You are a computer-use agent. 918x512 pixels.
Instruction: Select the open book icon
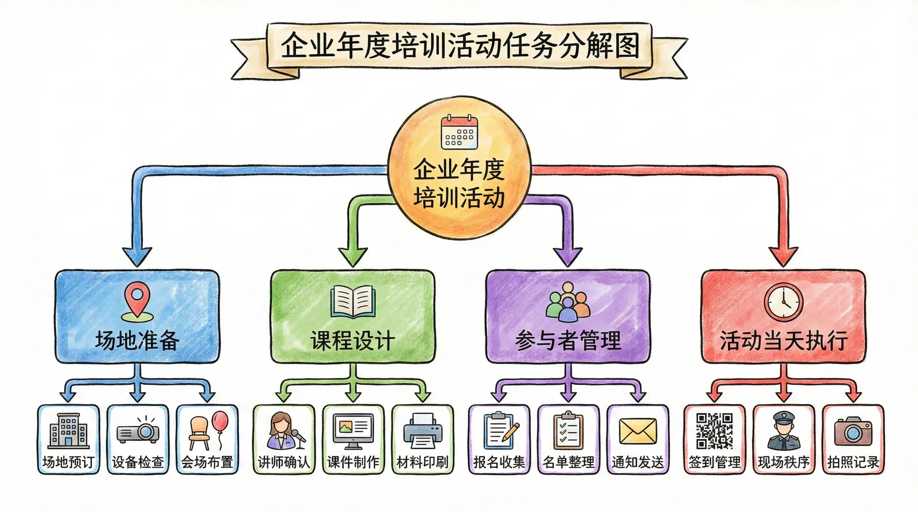(353, 301)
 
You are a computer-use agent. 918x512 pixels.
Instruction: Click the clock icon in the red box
(783, 302)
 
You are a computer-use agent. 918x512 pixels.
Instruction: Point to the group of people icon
(568, 302)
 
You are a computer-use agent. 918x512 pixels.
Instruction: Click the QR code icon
(714, 431)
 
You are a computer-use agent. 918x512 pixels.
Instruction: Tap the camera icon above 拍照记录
(853, 431)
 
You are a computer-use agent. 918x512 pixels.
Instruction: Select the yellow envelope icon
(637, 431)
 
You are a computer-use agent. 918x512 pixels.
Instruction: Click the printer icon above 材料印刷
(422, 431)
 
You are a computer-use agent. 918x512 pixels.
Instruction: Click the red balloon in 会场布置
(220, 422)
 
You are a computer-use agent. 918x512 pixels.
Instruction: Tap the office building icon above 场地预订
(69, 431)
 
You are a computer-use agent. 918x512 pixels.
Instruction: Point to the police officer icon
(783, 431)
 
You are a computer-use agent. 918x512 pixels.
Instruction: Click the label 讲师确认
(284, 462)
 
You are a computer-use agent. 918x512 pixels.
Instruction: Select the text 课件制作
(353, 462)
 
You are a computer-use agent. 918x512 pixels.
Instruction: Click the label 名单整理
(568, 462)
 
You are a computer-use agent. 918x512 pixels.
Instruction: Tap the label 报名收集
(499, 462)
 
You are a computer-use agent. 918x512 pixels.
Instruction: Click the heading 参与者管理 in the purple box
(568, 341)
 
